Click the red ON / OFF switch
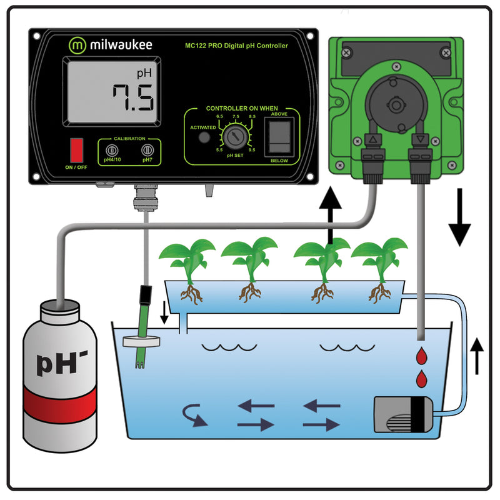coord(77,151)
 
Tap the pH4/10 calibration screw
coord(112,150)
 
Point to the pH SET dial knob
coord(236,134)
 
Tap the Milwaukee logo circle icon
coord(77,45)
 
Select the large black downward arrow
coord(459,219)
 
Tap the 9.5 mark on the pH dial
coord(252,149)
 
